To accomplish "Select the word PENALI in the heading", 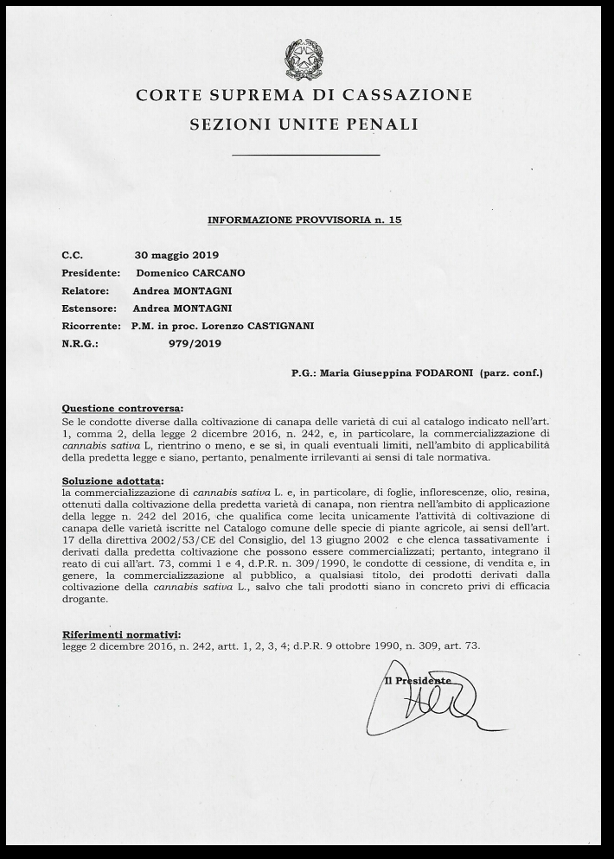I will [x=384, y=124].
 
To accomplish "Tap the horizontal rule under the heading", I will [x=306, y=156].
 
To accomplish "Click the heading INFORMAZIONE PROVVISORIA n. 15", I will [x=304, y=220].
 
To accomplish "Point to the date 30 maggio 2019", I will [x=176, y=256].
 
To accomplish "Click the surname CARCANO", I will [x=214, y=273].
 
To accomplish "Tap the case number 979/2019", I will [x=195, y=343].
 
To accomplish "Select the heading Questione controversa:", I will [x=123, y=408].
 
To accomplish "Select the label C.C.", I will [x=72, y=256].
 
